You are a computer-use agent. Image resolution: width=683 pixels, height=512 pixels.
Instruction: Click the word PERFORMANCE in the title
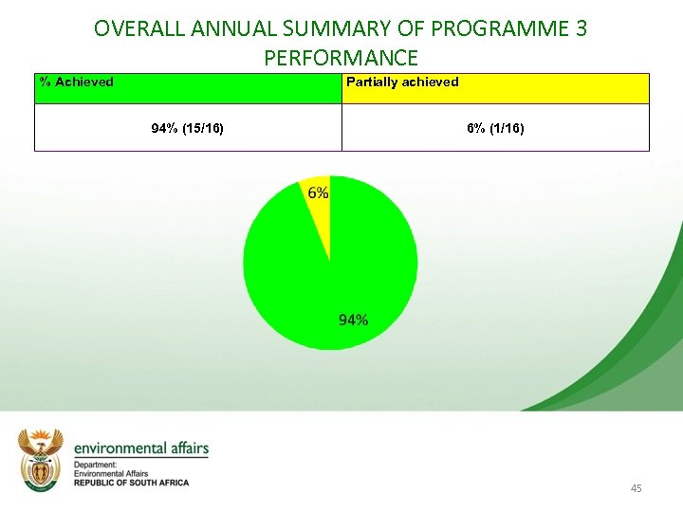coord(341,58)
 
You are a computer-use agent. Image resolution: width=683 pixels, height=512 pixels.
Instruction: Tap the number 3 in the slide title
coord(581,28)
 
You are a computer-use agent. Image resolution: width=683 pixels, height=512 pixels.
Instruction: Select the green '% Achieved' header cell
coord(188,88)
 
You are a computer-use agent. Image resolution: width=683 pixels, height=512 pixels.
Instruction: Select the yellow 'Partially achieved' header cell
coord(495,88)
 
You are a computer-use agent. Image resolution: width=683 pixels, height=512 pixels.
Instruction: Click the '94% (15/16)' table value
coord(188,128)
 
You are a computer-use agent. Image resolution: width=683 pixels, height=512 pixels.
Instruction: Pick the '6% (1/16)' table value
coord(495,128)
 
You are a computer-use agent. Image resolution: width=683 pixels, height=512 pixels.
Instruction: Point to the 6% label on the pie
coord(319,192)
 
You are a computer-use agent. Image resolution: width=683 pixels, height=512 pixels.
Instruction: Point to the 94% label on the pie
coord(354,320)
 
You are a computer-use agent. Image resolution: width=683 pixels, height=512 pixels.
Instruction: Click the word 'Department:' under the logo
coord(95,465)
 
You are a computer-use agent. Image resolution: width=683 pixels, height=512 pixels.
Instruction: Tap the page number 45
coord(636,488)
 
